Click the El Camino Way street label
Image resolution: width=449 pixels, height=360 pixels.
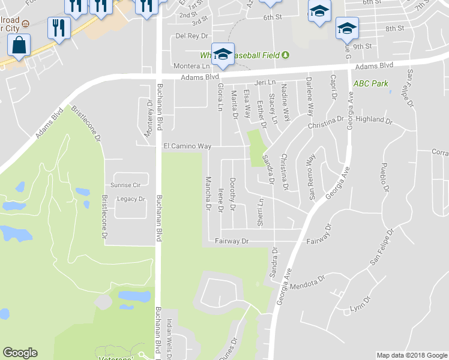[x=187, y=146]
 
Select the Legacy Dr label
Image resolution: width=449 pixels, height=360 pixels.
[x=131, y=199]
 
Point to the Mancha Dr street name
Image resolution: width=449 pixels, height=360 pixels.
[x=209, y=194]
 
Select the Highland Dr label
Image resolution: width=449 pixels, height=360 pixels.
[x=373, y=120]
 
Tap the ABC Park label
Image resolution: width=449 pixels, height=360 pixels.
[x=371, y=83]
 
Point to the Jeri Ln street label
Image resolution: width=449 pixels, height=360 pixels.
[x=264, y=82]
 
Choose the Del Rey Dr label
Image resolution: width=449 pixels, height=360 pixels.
[x=191, y=35]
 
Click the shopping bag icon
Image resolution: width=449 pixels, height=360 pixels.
[x=19, y=45]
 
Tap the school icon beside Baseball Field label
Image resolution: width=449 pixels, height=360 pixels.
[x=222, y=55]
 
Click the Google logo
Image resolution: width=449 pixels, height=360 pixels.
[x=20, y=353]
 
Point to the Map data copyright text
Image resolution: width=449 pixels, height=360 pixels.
[x=411, y=355]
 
